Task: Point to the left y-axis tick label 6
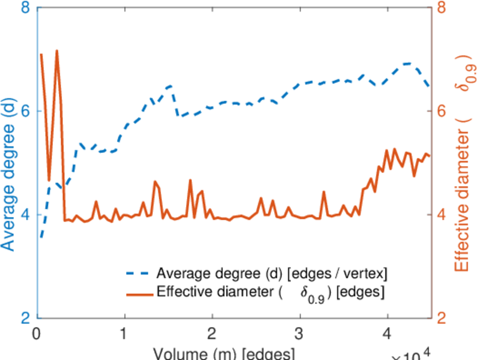(x=26, y=112)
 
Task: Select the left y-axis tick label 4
(x=26, y=215)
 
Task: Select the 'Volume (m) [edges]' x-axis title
(x=223, y=353)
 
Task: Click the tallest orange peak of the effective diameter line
(x=57, y=51)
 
